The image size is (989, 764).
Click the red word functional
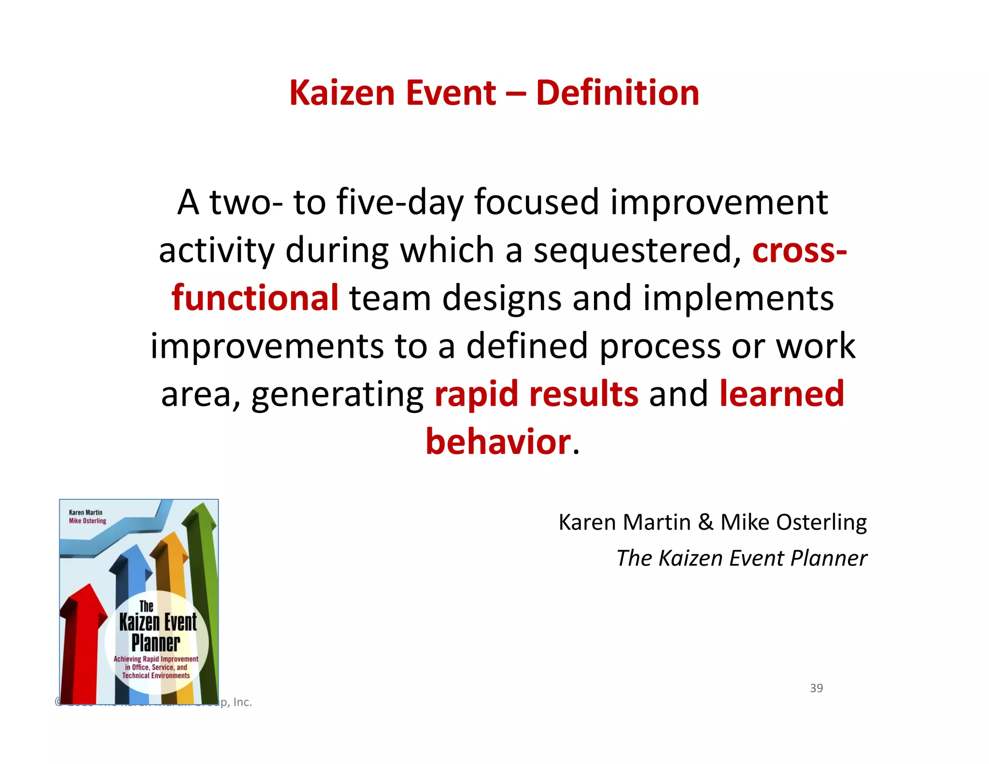(x=255, y=298)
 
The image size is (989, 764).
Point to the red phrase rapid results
(x=536, y=394)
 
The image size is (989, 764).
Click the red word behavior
(x=498, y=442)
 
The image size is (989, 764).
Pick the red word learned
(x=781, y=394)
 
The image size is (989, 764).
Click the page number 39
(x=816, y=688)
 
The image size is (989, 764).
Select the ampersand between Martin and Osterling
(x=705, y=523)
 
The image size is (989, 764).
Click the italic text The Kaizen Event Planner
(x=741, y=558)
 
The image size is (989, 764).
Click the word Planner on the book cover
(x=155, y=643)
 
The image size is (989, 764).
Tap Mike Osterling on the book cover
(x=87, y=521)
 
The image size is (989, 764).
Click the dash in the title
(x=516, y=94)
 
